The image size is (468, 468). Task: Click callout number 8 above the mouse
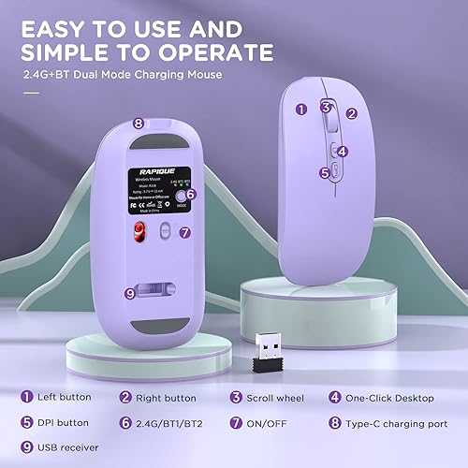coord(139,123)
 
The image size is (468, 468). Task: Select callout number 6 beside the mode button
coord(191,195)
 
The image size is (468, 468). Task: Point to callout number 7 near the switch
coord(184,231)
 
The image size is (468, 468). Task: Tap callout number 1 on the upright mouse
coord(301,109)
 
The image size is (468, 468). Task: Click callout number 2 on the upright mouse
coord(352,113)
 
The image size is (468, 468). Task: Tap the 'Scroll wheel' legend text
coord(273,397)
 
